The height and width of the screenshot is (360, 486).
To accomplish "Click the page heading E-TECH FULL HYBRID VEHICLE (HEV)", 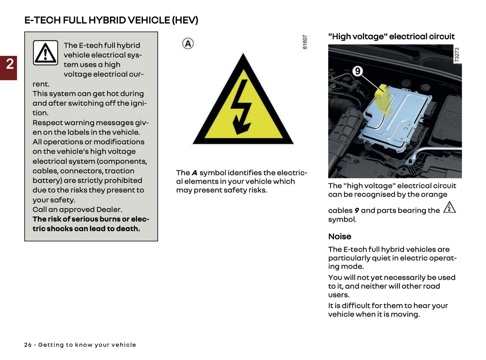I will [111, 20].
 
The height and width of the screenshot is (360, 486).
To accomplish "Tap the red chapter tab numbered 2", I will [9, 64].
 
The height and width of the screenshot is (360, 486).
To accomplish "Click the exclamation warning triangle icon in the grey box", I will [45, 53].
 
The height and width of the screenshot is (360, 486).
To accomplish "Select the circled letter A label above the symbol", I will [188, 43].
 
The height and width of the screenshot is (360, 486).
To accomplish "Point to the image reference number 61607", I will [305, 42].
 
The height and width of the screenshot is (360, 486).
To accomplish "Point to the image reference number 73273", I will [456, 55].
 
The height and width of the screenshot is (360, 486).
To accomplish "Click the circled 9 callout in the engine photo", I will [357, 71].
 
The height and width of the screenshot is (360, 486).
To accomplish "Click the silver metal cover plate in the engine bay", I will [400, 121].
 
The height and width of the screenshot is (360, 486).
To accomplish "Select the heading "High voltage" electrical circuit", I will [391, 36].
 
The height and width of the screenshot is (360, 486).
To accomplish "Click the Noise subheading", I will [339, 237].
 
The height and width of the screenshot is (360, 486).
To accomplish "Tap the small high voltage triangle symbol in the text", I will [449, 207].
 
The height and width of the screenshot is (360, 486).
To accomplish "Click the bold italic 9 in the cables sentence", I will [357, 211].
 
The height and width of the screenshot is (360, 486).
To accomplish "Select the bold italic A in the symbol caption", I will [194, 173].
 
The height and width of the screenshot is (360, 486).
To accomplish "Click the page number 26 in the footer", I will [28, 345].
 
